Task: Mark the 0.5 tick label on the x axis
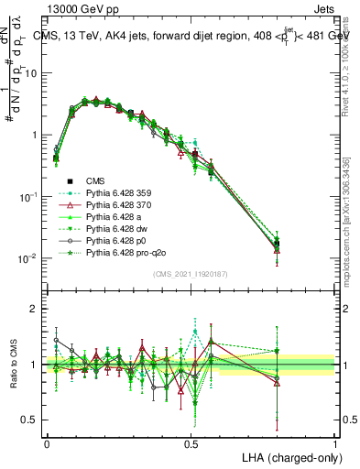tap(191, 443)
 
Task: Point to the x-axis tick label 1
tap(335, 443)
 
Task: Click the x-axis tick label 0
tap(47, 443)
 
